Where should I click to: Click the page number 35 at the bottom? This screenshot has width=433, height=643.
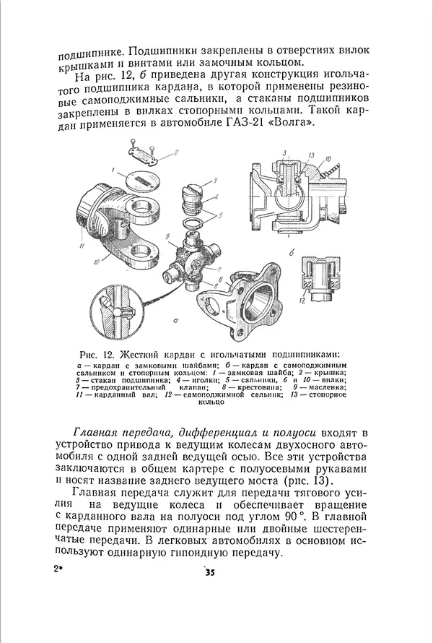click(x=210, y=574)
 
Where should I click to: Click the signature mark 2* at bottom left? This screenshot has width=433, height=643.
click(x=59, y=569)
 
